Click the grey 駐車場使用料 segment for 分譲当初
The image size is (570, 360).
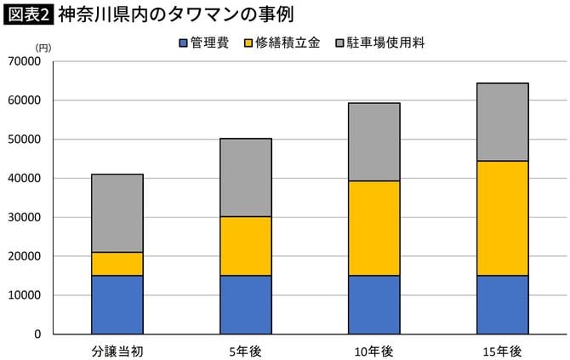point(117,213)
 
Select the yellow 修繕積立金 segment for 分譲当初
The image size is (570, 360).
point(117,264)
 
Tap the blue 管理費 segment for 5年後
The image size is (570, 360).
point(245,305)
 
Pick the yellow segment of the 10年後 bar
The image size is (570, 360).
point(373,228)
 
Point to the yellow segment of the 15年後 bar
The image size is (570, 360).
point(502,218)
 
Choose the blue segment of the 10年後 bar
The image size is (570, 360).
point(373,305)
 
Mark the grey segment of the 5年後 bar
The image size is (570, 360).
point(245,177)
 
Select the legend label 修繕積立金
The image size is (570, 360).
point(290,43)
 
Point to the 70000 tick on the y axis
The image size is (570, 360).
point(27,62)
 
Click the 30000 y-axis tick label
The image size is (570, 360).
point(27,218)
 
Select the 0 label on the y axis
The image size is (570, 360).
point(37,334)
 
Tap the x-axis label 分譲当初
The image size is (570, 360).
point(117,351)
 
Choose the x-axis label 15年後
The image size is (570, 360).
point(502,351)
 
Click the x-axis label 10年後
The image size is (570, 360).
point(373,351)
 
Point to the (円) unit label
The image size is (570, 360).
point(43,48)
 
